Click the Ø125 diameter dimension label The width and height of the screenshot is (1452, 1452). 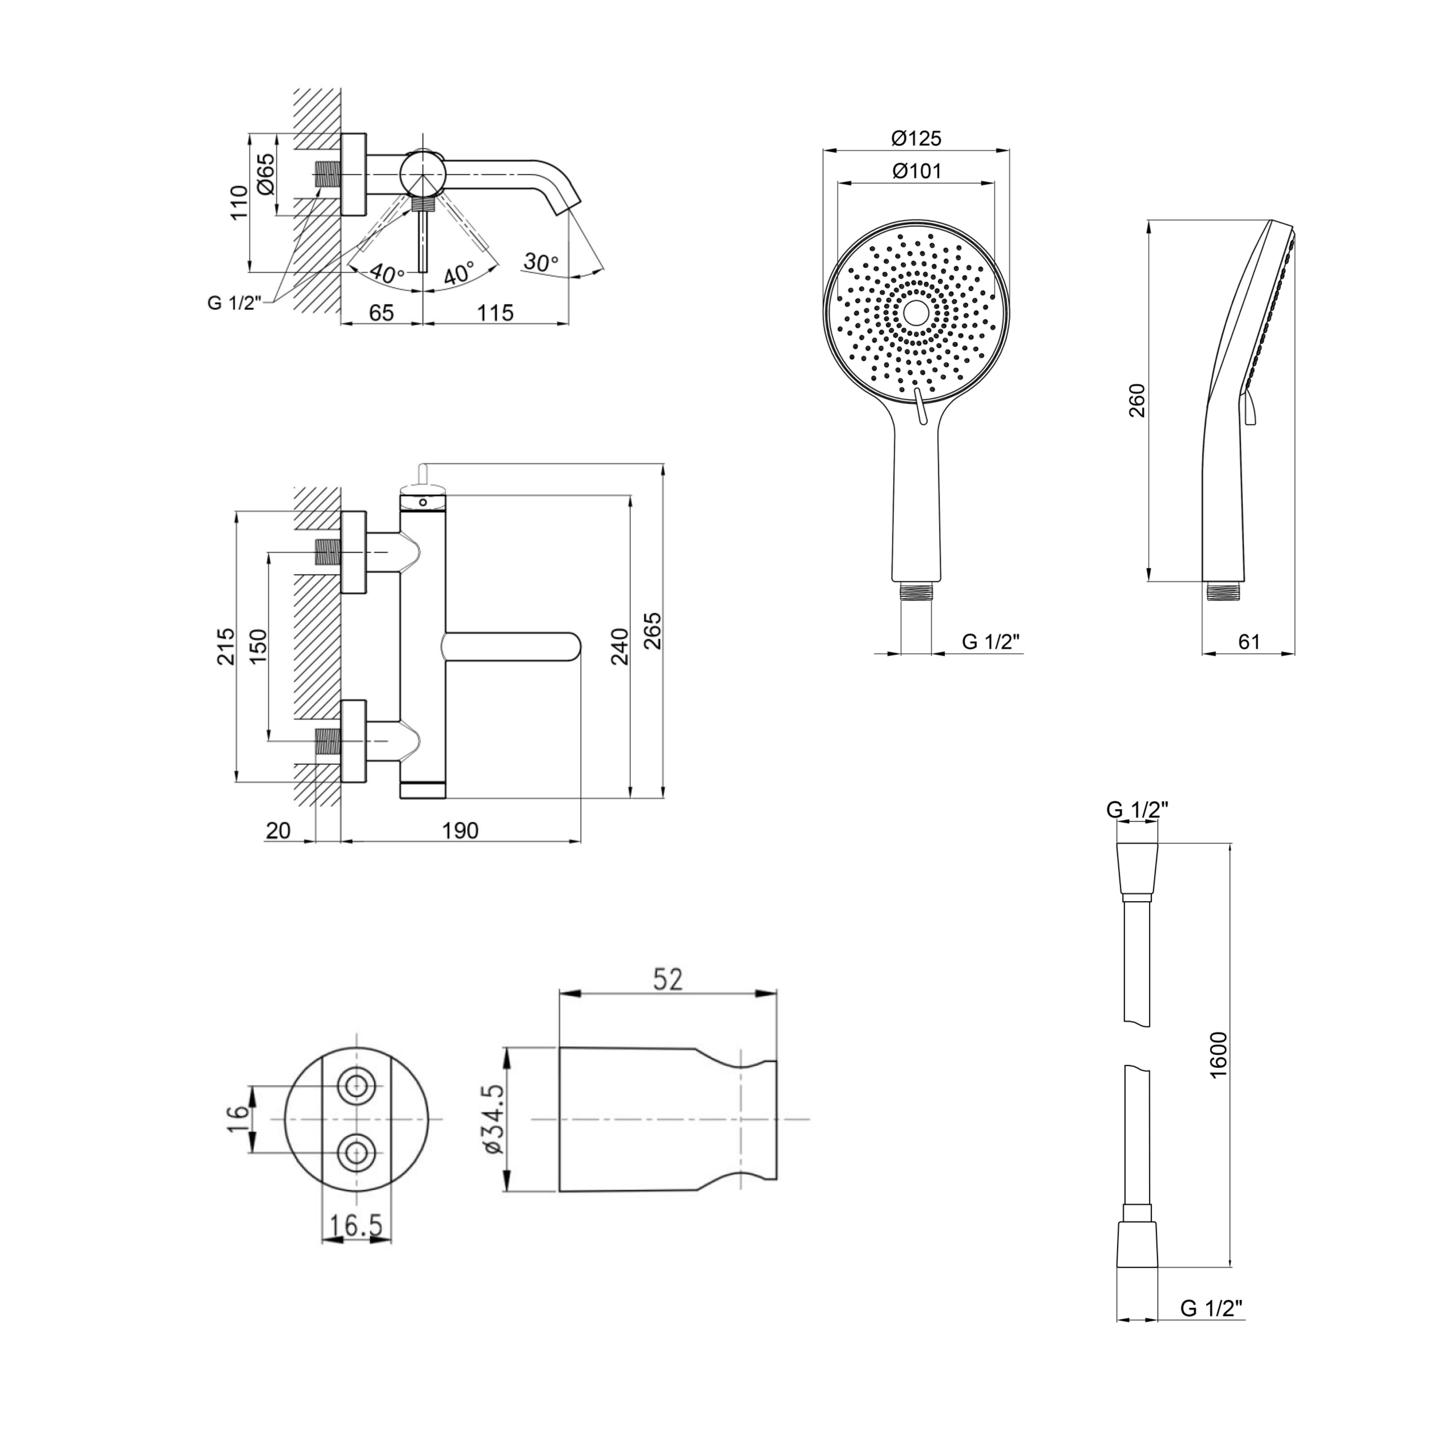point(916,138)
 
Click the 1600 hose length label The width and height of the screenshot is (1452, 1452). point(1218,1055)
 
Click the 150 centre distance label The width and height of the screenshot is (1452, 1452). point(258,645)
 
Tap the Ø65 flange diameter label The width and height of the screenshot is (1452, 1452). point(265,175)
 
